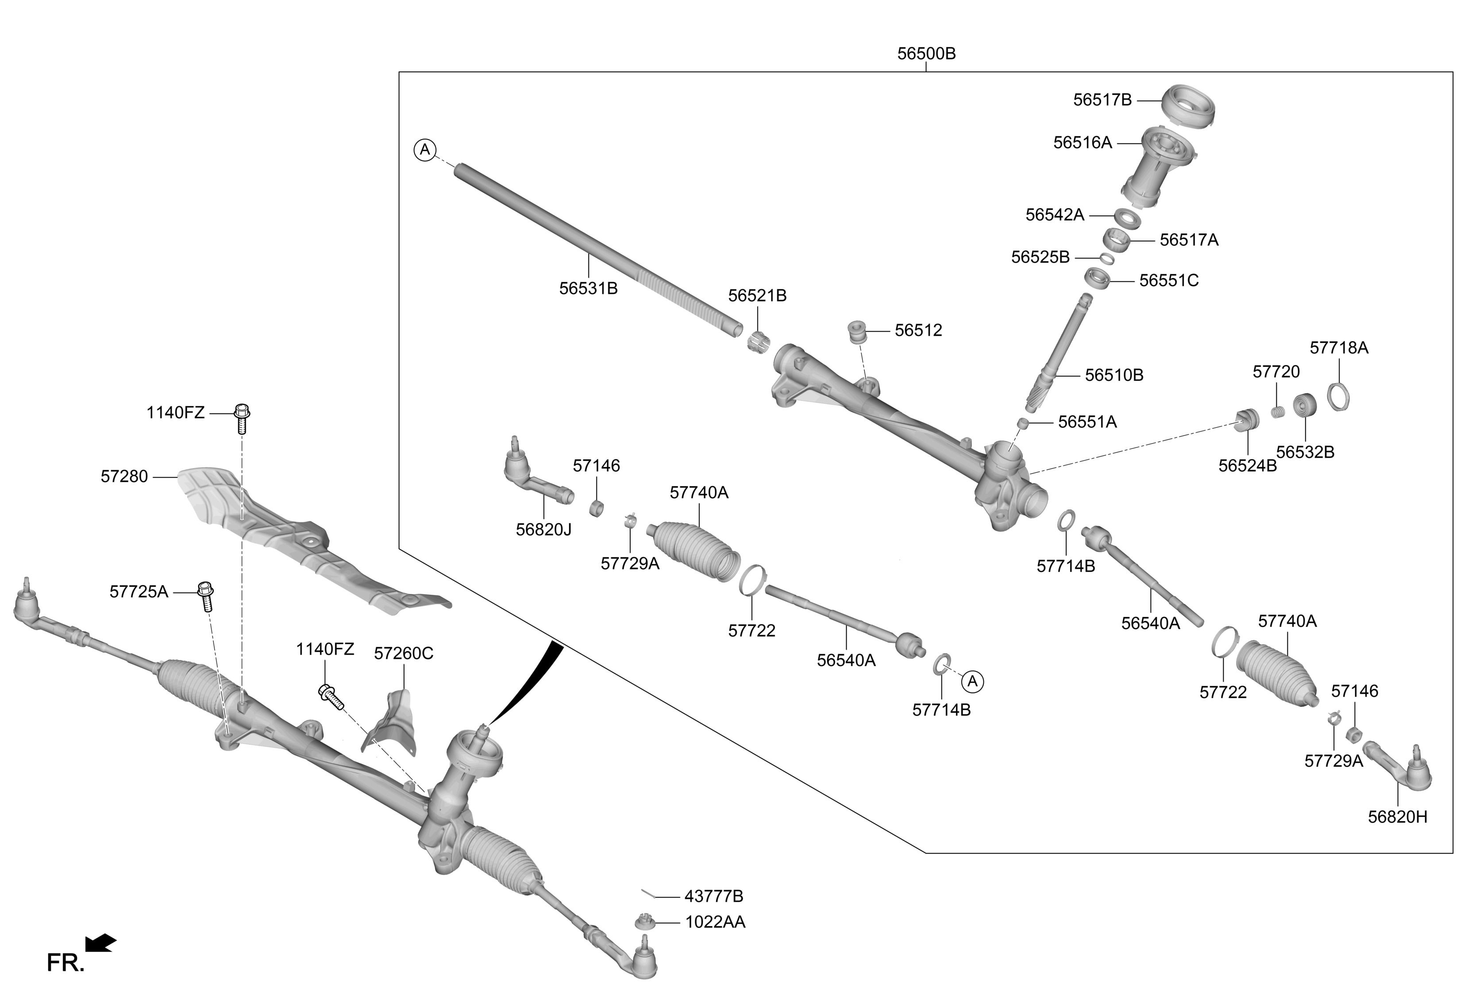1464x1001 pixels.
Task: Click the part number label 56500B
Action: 926,54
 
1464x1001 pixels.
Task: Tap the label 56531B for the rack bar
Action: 588,289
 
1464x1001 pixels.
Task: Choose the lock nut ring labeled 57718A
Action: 1338,397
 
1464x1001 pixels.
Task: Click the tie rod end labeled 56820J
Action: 536,475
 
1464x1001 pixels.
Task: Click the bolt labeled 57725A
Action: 205,596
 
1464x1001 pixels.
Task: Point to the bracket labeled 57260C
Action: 391,725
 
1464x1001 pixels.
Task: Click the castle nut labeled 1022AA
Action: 643,922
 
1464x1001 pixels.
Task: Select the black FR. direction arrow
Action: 101,943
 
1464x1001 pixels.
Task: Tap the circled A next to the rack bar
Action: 425,150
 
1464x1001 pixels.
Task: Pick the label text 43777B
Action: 714,896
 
